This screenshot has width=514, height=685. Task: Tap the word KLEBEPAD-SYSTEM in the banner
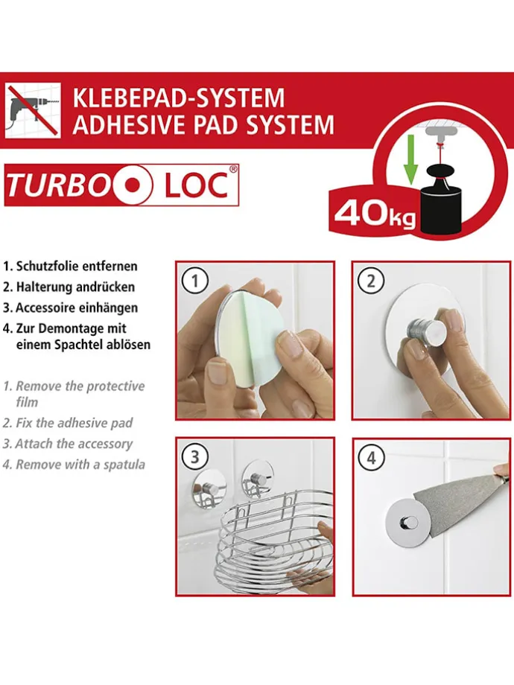click(x=178, y=98)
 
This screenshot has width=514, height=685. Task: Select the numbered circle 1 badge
click(x=195, y=281)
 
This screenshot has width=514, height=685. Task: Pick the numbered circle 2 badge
click(x=371, y=281)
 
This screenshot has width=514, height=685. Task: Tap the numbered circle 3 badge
click(x=195, y=456)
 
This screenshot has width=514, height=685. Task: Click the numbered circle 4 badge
click(x=371, y=456)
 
